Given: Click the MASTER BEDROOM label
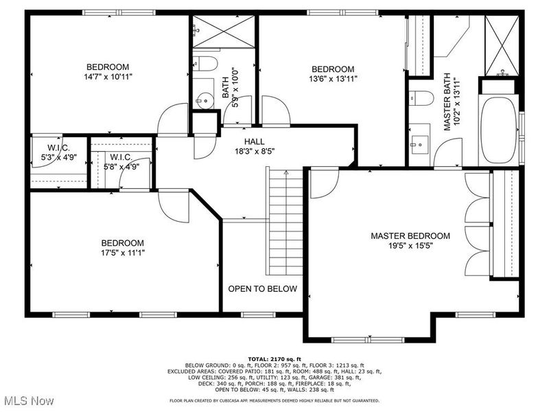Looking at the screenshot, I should coord(410,236).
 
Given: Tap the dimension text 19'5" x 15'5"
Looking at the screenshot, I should coord(410,245).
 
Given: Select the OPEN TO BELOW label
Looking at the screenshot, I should coord(263,288).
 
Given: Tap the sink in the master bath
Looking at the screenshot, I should coord(419,145).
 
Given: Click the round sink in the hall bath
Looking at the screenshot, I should coord(202,101).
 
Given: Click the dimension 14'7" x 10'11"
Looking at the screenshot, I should coord(108,77).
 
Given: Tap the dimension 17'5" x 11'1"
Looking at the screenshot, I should coord(123,252).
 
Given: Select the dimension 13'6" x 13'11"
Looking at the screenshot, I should coord(334,78).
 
